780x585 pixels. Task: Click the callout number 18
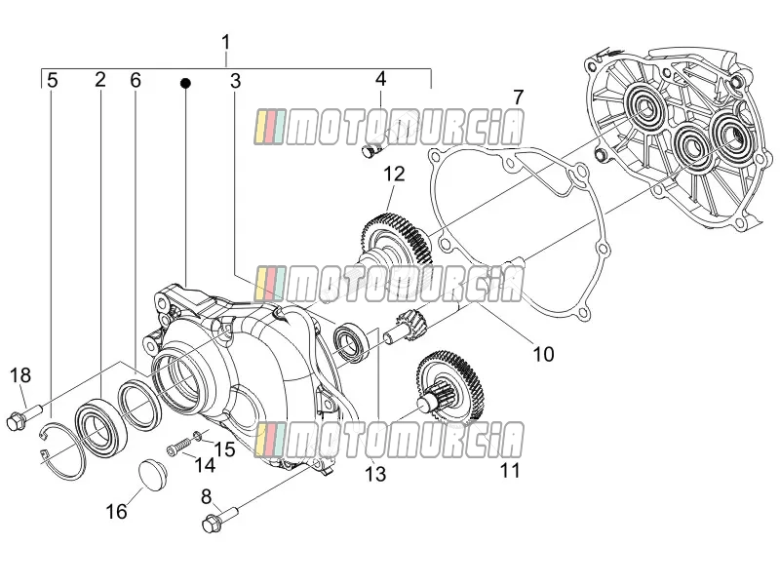tap(20, 375)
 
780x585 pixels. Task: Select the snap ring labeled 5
tap(62, 450)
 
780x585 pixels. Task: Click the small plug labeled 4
tap(371, 150)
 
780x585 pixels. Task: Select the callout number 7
tap(519, 97)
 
